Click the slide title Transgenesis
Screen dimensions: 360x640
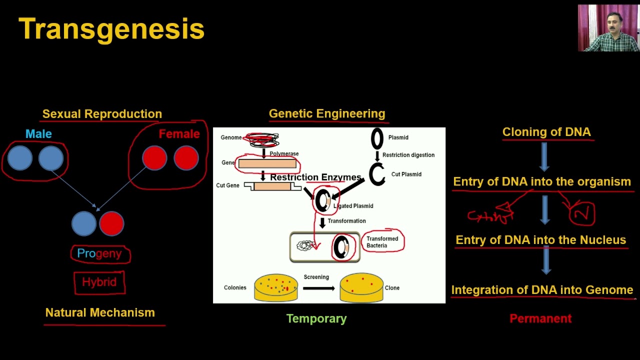coord(111,29)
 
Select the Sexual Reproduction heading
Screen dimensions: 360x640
coord(102,114)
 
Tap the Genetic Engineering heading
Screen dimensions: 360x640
coord(327,114)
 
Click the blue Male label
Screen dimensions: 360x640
coord(38,134)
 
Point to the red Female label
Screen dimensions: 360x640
coord(179,134)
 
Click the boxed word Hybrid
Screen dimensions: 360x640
coord(99,282)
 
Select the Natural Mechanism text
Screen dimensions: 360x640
coord(100,312)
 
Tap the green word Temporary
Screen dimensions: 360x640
coord(316,318)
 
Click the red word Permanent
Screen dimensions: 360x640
coord(540,318)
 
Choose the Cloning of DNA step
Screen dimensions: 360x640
coord(546,132)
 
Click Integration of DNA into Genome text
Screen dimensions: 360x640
coord(542,290)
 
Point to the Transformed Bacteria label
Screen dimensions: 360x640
coord(382,241)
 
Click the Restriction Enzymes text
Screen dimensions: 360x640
coord(315,177)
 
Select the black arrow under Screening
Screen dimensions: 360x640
coord(318,288)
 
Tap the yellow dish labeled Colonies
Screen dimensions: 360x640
coord(276,288)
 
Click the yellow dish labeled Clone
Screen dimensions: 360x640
coord(361,288)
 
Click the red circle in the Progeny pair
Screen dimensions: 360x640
coord(111,223)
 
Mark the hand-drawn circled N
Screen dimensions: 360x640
coord(582,213)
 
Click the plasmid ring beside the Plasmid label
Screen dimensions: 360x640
coord(377,138)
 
